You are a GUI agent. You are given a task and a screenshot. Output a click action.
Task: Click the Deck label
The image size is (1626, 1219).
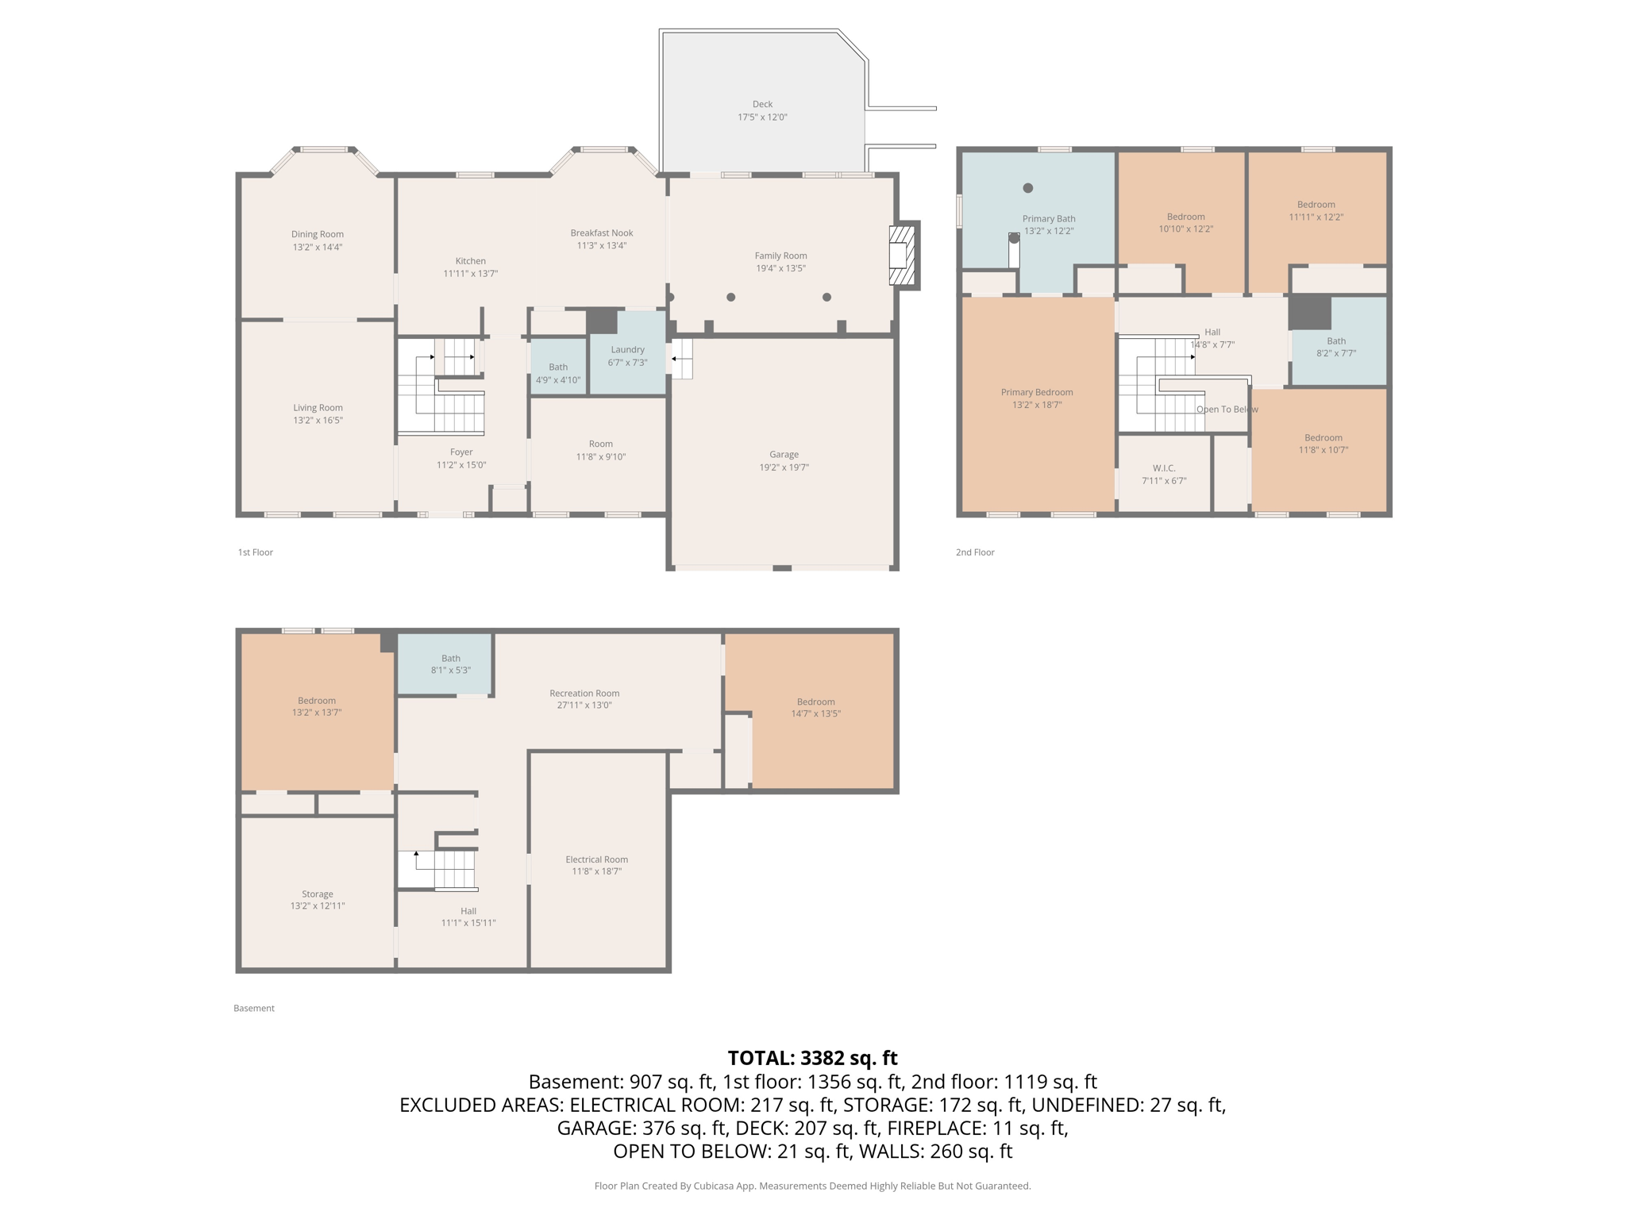tap(762, 104)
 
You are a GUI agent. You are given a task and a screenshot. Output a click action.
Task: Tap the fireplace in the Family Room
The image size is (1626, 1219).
tap(903, 255)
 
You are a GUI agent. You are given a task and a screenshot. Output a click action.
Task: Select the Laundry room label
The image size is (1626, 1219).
tap(627, 350)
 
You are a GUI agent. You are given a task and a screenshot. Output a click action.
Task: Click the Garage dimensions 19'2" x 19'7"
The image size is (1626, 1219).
tap(784, 467)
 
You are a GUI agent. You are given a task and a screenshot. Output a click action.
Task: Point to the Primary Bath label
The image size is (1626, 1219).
tap(1048, 219)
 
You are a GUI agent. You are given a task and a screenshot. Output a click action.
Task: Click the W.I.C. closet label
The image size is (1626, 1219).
tap(1164, 468)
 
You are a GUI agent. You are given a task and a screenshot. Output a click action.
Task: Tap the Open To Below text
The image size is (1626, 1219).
tap(1227, 410)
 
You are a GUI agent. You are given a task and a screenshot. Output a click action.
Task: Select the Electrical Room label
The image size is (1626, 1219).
tap(596, 859)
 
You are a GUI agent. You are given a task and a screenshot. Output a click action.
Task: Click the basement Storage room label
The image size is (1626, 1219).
tap(317, 894)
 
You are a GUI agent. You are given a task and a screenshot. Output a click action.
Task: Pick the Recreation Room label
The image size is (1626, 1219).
tap(584, 694)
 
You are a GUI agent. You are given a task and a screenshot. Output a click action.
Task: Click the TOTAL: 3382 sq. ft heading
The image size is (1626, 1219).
tap(812, 1058)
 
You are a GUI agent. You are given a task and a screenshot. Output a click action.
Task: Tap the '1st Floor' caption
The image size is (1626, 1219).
tap(255, 552)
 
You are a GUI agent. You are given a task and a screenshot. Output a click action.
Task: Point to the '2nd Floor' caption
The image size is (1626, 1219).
tap(974, 552)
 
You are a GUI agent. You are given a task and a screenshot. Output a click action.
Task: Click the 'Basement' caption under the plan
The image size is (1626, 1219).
tap(253, 1008)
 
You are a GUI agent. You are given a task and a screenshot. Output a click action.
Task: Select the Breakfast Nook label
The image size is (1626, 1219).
tap(601, 233)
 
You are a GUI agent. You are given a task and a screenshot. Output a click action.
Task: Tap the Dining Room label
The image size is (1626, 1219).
tap(317, 234)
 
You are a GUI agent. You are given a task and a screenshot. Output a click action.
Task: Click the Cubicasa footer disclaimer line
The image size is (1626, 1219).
tap(812, 1186)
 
